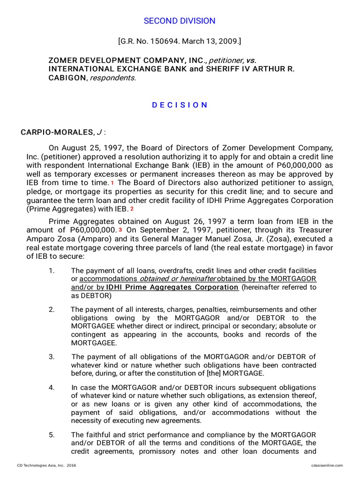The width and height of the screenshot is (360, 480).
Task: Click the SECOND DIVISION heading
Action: pos(180,21)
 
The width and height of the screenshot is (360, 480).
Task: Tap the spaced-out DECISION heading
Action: pos(180,105)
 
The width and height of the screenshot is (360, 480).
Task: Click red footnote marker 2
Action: pos(132,209)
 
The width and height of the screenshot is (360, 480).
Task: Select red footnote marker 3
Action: pos(120,230)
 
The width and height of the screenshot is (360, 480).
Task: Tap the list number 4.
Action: pos(52,387)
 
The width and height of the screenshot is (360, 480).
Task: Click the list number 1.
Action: pos(52,271)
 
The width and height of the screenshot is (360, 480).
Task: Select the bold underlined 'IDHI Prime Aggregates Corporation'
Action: pos(172,287)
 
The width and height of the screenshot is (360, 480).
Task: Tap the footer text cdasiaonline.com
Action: pos(327,465)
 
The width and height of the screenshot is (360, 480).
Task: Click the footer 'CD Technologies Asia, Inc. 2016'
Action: pos(46,465)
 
